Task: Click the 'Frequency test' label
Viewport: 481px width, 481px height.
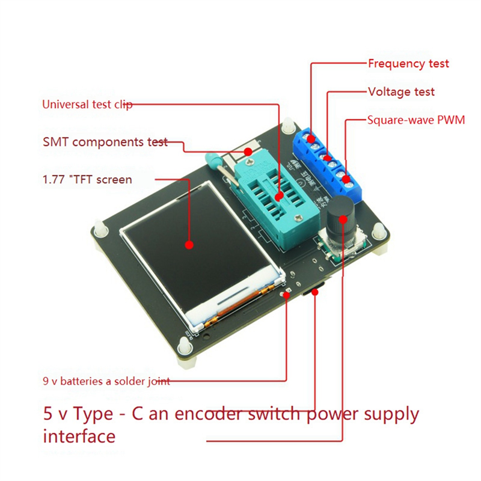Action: coord(408,63)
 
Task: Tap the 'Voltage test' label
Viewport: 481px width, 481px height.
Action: coord(401,92)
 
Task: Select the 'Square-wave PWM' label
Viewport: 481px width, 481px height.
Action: coord(416,120)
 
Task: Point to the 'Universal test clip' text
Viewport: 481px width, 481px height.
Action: coord(87,104)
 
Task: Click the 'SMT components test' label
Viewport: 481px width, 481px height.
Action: coord(105,142)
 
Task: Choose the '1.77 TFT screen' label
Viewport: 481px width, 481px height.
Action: coord(87,179)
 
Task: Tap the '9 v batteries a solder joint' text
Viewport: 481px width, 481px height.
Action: coord(106,381)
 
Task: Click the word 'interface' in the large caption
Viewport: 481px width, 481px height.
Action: coord(79,435)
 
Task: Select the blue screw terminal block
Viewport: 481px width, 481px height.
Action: coord(328,162)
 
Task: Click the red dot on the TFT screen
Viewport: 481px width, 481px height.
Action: coord(189,245)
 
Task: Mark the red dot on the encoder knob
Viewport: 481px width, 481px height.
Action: coord(343,220)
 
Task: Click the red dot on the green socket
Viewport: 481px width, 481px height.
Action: coord(278,197)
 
